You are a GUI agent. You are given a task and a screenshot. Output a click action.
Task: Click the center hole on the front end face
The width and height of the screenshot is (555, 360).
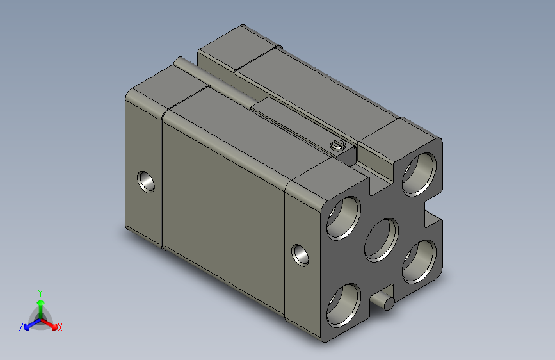coord(382,240)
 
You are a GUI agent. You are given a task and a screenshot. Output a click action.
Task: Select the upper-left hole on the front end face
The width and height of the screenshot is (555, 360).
coord(343,218)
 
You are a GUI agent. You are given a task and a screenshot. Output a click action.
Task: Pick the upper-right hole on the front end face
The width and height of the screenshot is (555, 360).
coord(419,175)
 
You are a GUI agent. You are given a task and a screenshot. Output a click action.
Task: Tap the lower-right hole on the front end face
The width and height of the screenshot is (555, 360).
coord(419,262)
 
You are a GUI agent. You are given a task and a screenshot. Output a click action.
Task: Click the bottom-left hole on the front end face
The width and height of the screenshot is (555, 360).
coord(343,306)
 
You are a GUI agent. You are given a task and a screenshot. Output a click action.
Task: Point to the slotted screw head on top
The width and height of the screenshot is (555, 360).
coord(337,145)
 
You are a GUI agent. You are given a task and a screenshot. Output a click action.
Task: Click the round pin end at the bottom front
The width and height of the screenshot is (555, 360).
coord(389,304)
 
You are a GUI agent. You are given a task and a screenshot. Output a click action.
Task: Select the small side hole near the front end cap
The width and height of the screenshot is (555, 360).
coord(300,255)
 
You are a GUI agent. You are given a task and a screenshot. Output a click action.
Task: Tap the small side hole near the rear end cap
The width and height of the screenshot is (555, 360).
coord(146,182)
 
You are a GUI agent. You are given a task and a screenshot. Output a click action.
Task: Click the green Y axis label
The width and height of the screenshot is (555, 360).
coord(40,293)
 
